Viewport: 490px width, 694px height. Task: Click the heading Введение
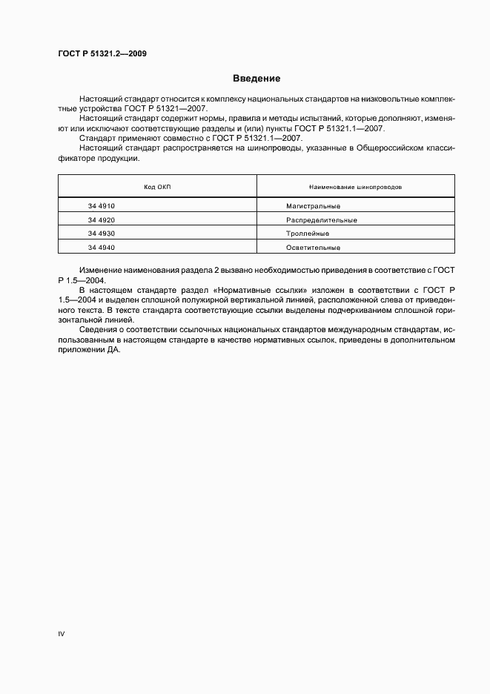tap(256, 79)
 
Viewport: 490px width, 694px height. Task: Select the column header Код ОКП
tap(157, 187)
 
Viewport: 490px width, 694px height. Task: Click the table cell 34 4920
tap(101, 219)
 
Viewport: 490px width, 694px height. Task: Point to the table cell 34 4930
tap(101, 234)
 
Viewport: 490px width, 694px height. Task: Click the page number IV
tap(62, 635)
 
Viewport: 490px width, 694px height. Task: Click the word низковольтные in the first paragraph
tap(398, 99)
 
